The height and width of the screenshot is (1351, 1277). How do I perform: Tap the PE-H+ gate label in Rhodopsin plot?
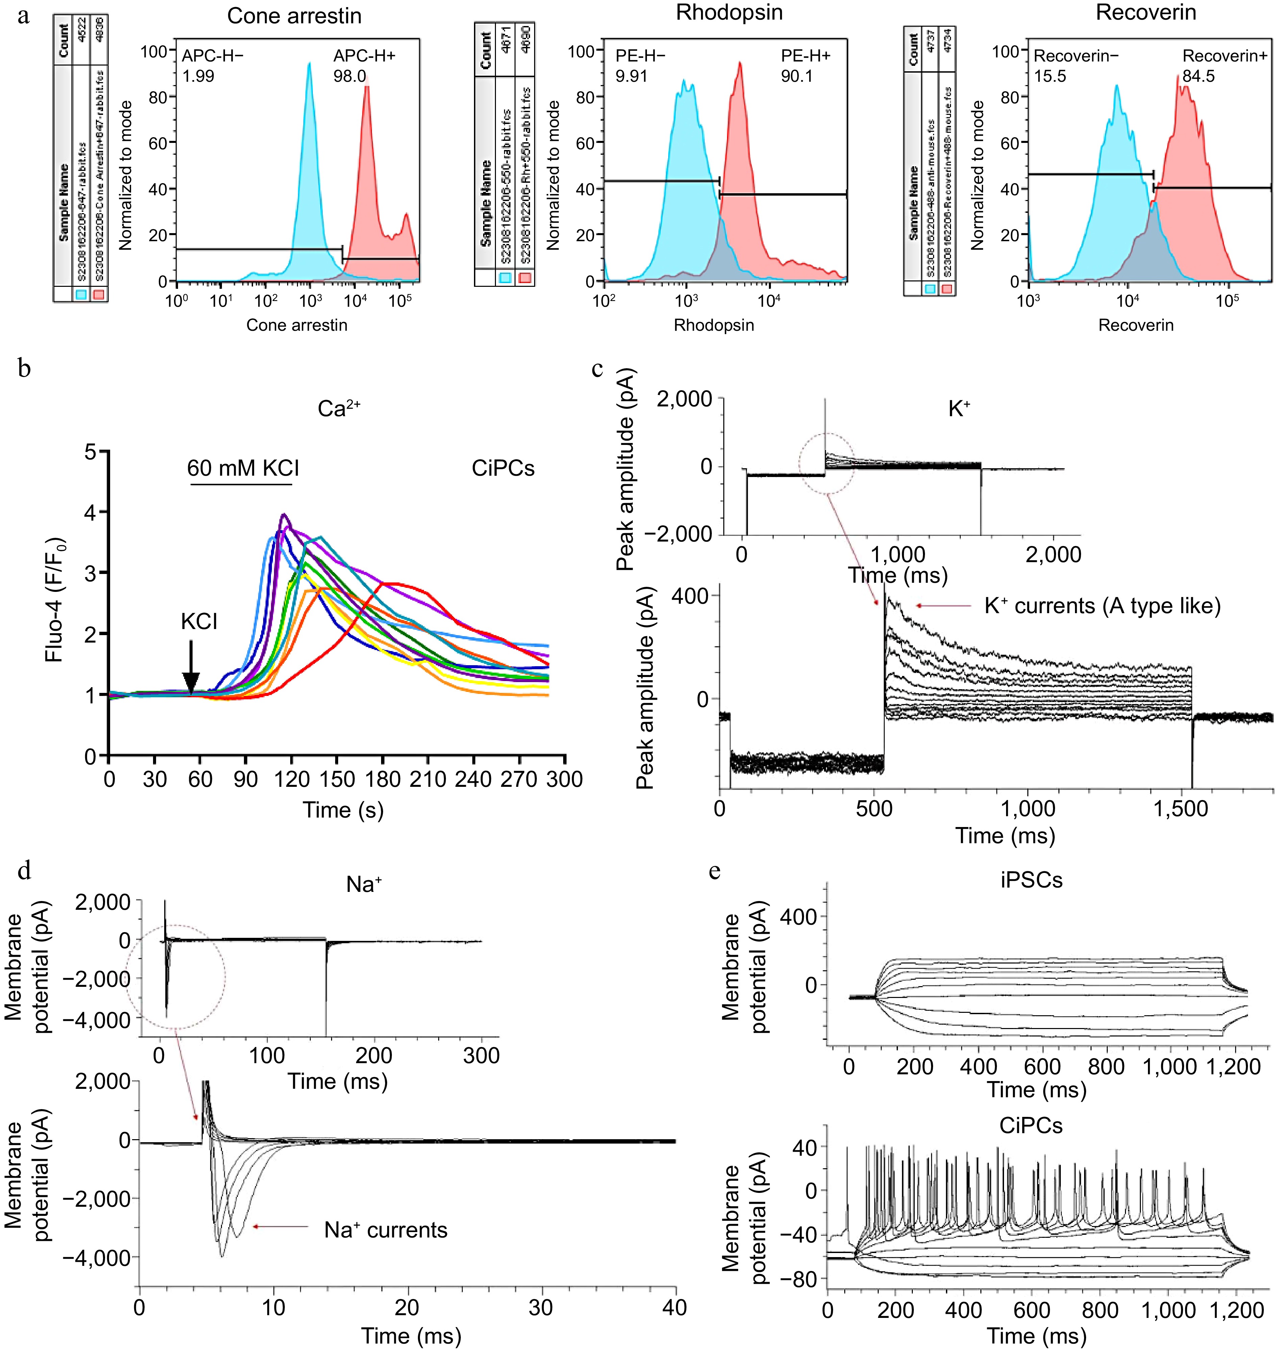[x=805, y=56]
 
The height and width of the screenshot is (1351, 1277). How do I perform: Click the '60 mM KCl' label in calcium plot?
[x=243, y=468]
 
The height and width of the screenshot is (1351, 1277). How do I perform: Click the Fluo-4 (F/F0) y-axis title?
[x=54, y=599]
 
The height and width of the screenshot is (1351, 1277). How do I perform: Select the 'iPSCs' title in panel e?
[x=1031, y=880]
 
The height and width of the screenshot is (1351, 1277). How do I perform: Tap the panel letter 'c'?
[x=597, y=369]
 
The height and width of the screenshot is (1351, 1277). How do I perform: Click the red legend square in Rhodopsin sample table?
[x=525, y=277]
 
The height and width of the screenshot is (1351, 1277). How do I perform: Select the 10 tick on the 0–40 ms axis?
[x=274, y=1307]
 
